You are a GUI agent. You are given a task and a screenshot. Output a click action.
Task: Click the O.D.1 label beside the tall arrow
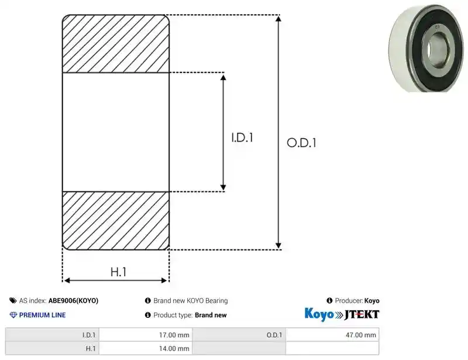301,143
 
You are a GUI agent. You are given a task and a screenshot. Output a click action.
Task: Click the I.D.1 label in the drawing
242,138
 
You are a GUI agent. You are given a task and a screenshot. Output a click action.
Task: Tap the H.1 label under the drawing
119,272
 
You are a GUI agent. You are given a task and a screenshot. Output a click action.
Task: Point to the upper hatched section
116,44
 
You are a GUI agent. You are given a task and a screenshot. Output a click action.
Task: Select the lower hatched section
116,221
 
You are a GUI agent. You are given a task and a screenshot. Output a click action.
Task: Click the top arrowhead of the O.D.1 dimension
278,19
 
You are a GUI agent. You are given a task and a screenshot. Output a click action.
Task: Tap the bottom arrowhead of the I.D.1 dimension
223,188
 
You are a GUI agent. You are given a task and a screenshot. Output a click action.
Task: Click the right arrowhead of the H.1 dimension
164,280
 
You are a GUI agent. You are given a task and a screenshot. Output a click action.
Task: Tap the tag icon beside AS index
13,300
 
